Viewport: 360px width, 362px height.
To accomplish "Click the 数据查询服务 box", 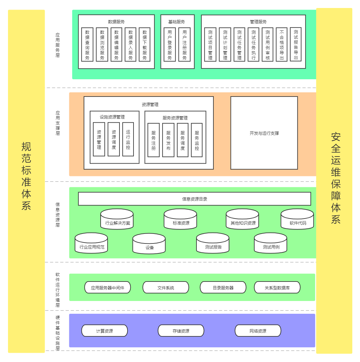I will point(87,44).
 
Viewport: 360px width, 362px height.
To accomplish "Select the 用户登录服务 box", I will point(170,44).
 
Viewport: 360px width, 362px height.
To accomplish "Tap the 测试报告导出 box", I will point(296,44).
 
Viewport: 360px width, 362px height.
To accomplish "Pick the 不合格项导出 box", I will point(281,44).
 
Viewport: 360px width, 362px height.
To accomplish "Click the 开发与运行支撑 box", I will point(264,133).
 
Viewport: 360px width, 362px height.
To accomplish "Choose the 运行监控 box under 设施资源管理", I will point(128,139).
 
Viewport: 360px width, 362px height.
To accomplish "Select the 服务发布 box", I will point(168,140).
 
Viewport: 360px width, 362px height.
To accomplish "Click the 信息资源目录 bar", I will point(195,199).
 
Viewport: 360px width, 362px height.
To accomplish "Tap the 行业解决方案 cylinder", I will point(117,220).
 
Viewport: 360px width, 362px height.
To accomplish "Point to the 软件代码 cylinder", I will point(297,220).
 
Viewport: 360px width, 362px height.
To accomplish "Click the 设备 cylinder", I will point(149,244).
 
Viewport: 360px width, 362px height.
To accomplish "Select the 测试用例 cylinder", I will point(271,243).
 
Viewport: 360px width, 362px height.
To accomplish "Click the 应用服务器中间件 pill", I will point(108,288).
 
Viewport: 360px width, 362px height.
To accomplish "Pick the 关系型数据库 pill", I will point(277,288).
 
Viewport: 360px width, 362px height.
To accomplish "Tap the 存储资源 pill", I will point(181,331).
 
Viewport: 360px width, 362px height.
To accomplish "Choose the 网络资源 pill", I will point(258,331).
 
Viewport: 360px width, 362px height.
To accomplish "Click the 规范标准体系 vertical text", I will point(26,176).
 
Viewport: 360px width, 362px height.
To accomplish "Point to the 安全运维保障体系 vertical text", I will point(336,178).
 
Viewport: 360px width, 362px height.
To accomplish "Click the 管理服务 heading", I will point(258,22).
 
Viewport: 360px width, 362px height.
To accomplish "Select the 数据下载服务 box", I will point(145,44).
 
